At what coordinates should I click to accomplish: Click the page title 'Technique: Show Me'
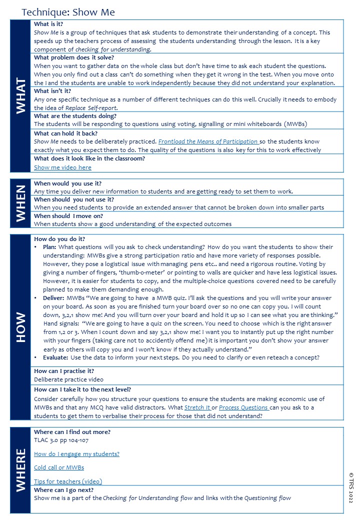pos(68,12)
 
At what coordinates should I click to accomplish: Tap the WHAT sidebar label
pos(20,95)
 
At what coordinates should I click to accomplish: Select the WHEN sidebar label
pos(20,203)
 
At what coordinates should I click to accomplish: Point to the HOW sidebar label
pos(20,328)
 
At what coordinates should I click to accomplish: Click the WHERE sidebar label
pos(20,470)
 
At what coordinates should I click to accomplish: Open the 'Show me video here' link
pos(62,167)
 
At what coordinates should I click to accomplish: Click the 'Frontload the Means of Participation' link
pos(208,141)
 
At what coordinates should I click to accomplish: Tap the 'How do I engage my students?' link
pos(76,454)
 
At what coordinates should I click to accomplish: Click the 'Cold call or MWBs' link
pos(58,467)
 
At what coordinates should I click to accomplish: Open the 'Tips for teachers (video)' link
pos(67,481)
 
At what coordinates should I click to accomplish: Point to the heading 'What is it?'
pos(48,24)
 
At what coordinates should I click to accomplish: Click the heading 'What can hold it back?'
pos(65,133)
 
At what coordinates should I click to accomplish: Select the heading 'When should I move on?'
pos(68,216)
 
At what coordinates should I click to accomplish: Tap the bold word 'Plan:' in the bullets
pos(49,247)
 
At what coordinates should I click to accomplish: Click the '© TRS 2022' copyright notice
pos(351,487)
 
